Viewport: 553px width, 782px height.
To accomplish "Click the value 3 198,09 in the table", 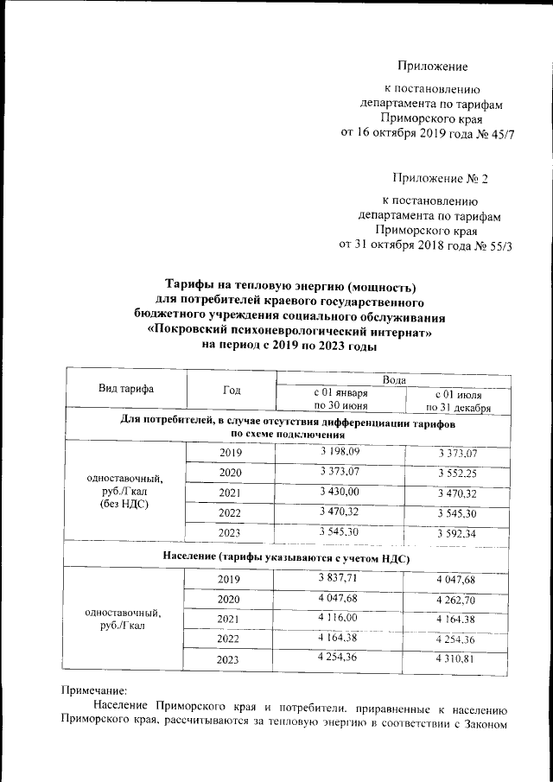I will coord(340,450).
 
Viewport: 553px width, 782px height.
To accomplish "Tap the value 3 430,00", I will coord(340,492).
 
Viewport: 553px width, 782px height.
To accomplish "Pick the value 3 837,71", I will coord(340,576).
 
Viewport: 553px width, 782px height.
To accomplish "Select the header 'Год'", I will coord(232,391).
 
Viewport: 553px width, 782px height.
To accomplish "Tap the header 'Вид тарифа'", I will coord(126,389).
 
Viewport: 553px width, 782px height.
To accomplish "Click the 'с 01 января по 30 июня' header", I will coord(340,398).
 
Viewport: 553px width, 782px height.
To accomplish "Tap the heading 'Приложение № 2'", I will coord(440,179).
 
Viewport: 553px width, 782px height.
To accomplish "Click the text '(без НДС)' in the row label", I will coord(125,503).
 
